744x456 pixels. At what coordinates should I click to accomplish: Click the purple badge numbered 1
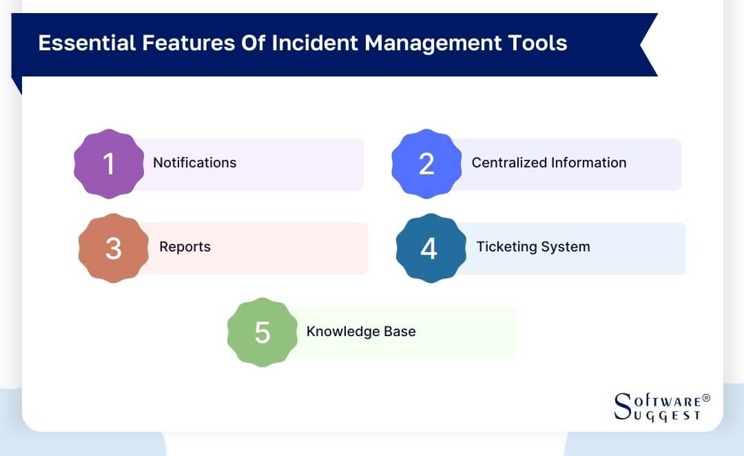coord(109,164)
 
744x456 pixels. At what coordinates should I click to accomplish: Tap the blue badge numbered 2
coord(426,164)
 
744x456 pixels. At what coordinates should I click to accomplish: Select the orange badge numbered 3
coord(114,248)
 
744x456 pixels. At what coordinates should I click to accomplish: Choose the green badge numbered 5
coord(262,332)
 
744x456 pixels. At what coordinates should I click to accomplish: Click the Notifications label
coord(194,163)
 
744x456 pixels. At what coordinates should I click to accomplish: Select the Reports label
coord(185,247)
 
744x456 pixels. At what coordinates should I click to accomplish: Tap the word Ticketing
coord(505,247)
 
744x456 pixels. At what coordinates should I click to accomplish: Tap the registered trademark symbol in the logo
coord(705,398)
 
